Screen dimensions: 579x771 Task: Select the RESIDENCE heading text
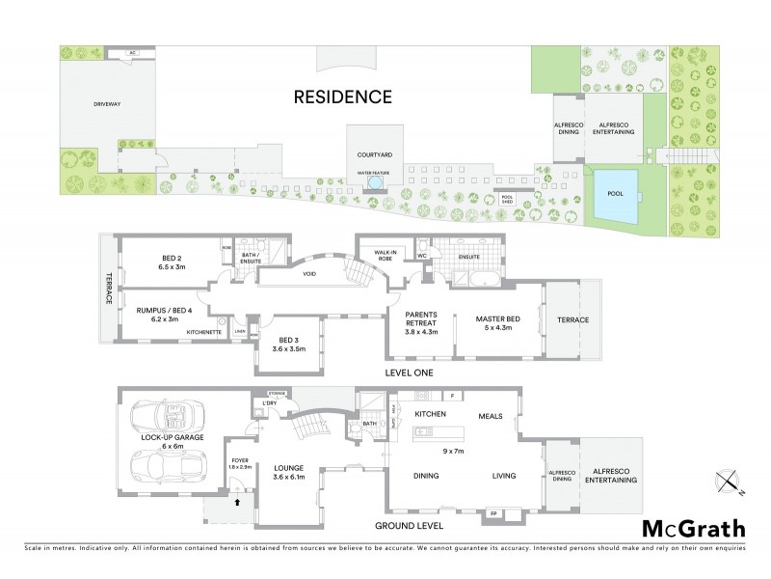tap(343, 96)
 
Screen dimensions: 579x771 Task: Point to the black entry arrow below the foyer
tap(237, 500)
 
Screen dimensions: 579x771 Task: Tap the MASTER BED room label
tap(504, 320)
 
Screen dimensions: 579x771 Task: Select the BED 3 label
tap(287, 345)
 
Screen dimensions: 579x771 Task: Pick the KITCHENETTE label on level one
tap(205, 331)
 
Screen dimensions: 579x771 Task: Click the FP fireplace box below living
tap(494, 513)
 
